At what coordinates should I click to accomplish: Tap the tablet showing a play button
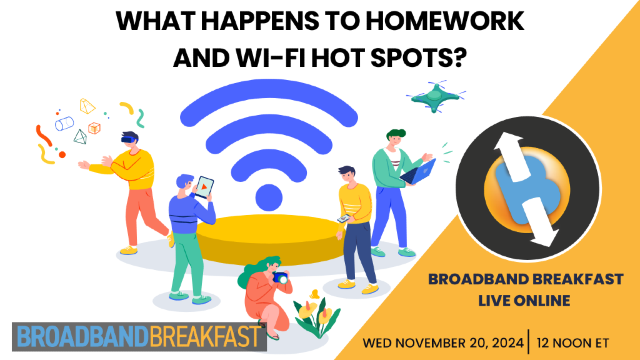(x=204, y=186)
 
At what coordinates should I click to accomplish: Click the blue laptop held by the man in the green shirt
(x=420, y=172)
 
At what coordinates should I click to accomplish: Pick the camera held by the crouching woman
(x=281, y=278)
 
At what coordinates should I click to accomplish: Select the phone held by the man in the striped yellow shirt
(x=343, y=218)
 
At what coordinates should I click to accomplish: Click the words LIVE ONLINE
(x=524, y=300)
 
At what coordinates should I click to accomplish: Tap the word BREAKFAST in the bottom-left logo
(x=206, y=337)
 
